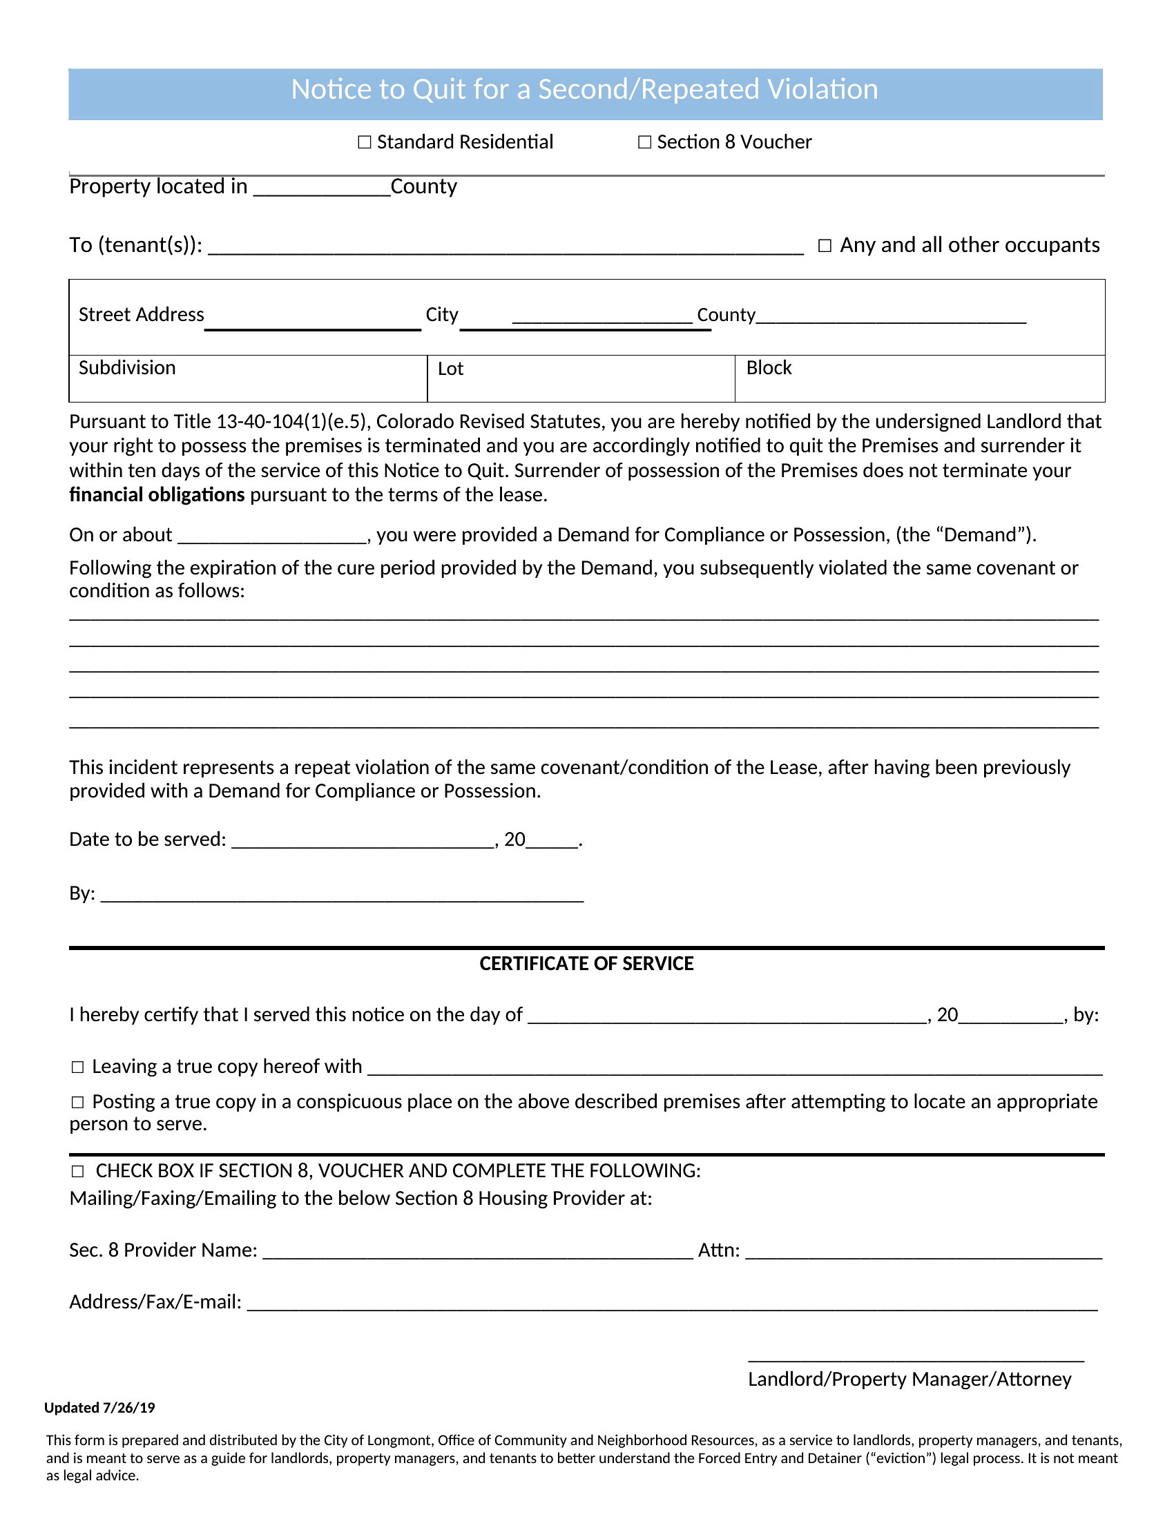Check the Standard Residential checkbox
[x=365, y=143]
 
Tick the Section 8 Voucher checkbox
[x=645, y=143]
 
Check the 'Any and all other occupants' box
[x=825, y=246]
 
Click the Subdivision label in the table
[x=127, y=368]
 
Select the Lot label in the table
[x=450, y=369]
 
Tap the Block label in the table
[x=769, y=368]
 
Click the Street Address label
[x=141, y=315]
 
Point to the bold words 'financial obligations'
[x=157, y=495]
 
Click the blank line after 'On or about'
[x=272, y=536]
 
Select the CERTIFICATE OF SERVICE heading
[x=586, y=964]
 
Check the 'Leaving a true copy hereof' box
[x=78, y=1067]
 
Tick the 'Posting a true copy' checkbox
[x=78, y=1103]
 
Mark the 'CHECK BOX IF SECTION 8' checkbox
[x=78, y=1172]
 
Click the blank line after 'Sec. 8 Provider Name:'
[x=478, y=1252]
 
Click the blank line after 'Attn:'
[x=923, y=1252]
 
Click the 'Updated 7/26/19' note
[x=99, y=1409]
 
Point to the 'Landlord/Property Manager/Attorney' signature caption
[x=910, y=1380]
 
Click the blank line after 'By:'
[x=341, y=895]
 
